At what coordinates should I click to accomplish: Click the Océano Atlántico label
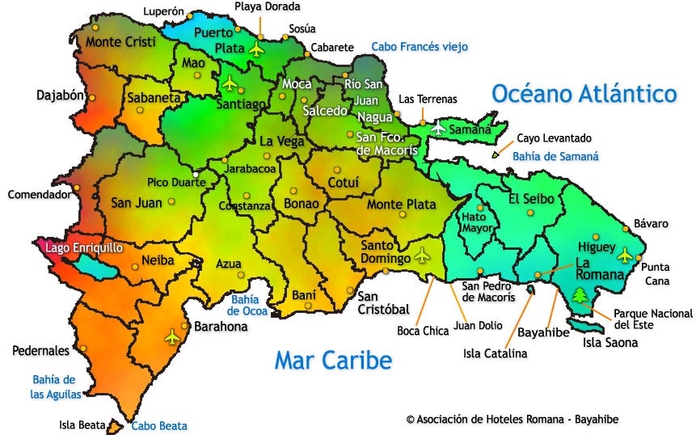[584, 94]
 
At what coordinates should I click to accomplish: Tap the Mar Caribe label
[332, 360]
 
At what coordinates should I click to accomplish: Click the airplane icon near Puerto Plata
[257, 50]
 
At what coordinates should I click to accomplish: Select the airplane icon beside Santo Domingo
[422, 256]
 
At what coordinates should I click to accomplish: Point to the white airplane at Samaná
[439, 128]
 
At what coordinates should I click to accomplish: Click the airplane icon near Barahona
[171, 336]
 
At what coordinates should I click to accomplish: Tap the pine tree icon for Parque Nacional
[580, 295]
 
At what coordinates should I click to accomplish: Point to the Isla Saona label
[610, 343]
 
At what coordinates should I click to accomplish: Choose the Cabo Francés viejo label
[420, 47]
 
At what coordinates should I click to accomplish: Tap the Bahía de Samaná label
[558, 157]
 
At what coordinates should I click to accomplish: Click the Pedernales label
[40, 351]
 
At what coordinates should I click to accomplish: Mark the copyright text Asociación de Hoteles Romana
[513, 419]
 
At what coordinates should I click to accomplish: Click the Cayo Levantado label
[554, 138]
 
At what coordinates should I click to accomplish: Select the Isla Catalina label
[495, 353]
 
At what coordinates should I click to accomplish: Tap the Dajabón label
[61, 95]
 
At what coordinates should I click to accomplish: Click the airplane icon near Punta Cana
[624, 256]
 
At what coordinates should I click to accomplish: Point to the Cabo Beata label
[159, 425]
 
